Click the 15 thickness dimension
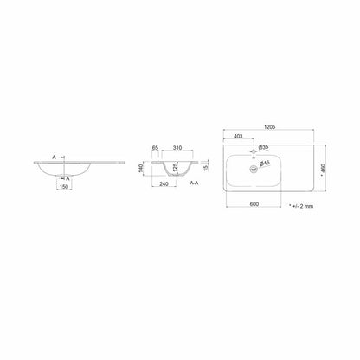[x=207, y=168]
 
